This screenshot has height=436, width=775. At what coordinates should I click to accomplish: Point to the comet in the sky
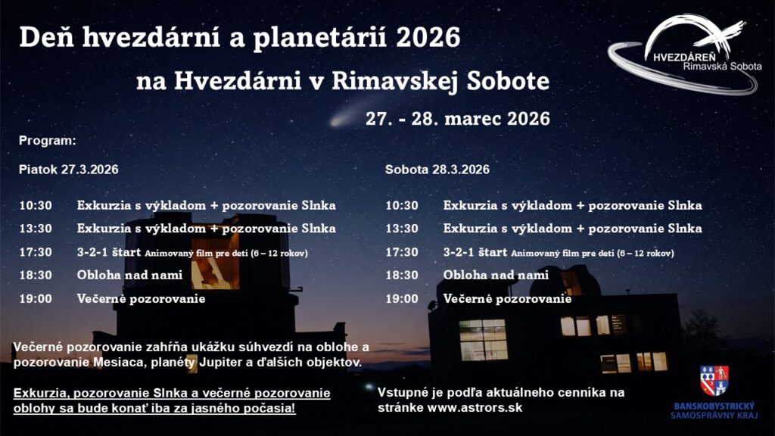346,115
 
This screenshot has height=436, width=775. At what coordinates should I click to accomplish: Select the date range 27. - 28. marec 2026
458,119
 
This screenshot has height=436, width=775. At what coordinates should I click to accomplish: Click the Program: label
48,141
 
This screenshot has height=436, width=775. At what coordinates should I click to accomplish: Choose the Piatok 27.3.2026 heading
69,170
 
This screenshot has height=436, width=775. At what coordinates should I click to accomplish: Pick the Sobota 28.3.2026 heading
437,170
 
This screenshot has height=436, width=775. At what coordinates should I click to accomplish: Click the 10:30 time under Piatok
36,205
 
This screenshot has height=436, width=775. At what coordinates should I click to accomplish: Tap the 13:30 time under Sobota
402,229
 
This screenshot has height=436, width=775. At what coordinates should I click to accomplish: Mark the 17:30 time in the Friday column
36,252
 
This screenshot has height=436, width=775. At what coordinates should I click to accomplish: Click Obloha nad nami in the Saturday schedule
496,275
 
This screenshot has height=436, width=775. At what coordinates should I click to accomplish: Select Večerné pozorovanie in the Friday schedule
141,298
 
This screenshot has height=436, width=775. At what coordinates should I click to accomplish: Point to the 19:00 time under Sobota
402,298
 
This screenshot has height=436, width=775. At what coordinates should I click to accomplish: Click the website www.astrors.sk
475,408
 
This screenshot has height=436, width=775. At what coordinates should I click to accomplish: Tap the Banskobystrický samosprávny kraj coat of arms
714,381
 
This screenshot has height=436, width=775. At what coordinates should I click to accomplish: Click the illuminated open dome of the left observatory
216,262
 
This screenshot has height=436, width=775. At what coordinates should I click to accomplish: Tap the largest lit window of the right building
484,340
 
